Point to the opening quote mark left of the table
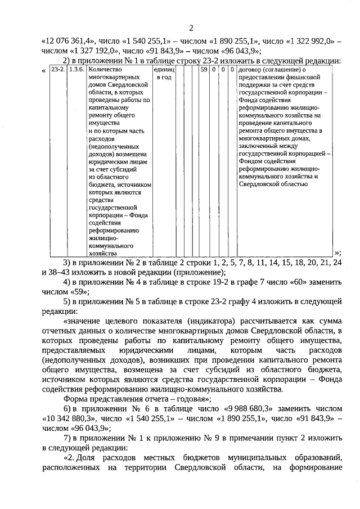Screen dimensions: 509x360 (x=44, y=70)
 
